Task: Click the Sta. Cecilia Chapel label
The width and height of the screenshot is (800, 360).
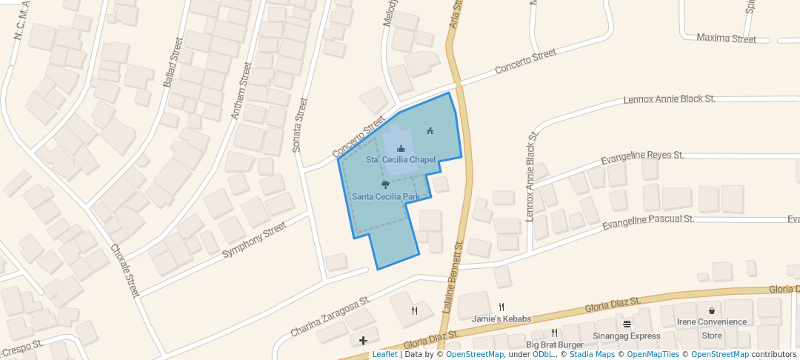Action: [x=401, y=160]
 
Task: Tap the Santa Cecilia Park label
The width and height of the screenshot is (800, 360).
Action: [x=386, y=196]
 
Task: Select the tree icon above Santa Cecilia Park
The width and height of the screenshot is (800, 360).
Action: [x=385, y=184]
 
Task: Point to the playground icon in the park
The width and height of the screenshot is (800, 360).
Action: [x=430, y=131]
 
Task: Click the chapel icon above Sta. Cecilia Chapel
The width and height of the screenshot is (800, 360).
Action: [x=401, y=149]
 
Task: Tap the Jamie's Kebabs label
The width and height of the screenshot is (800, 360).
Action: [x=501, y=319]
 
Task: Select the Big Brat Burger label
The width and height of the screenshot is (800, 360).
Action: [x=555, y=344]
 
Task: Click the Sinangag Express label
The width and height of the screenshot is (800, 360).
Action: [x=626, y=336]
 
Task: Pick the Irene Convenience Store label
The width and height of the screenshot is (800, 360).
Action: [x=711, y=328]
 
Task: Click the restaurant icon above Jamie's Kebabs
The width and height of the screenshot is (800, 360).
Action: [x=501, y=307]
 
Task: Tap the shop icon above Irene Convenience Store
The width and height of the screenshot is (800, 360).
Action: [x=711, y=311]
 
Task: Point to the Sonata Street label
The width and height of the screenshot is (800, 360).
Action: [x=299, y=125]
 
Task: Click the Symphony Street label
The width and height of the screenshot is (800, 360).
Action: [x=254, y=240]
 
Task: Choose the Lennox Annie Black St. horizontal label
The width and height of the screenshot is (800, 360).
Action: [x=669, y=99]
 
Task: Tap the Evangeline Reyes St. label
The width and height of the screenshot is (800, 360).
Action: [x=642, y=156]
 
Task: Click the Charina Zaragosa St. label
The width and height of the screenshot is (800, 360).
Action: [x=330, y=318]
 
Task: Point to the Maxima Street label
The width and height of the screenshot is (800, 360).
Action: [x=727, y=39]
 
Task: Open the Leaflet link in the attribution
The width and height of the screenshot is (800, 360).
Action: [x=384, y=354]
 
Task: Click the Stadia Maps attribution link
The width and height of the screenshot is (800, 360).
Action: [x=590, y=354]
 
